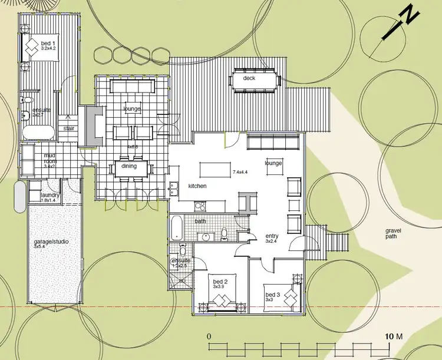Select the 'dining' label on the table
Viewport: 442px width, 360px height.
click(129, 166)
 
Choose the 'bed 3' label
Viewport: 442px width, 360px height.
click(273, 295)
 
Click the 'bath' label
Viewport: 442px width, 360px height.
click(200, 221)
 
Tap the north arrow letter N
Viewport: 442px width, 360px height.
click(408, 15)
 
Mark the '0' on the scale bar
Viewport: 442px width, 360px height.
click(209, 336)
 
